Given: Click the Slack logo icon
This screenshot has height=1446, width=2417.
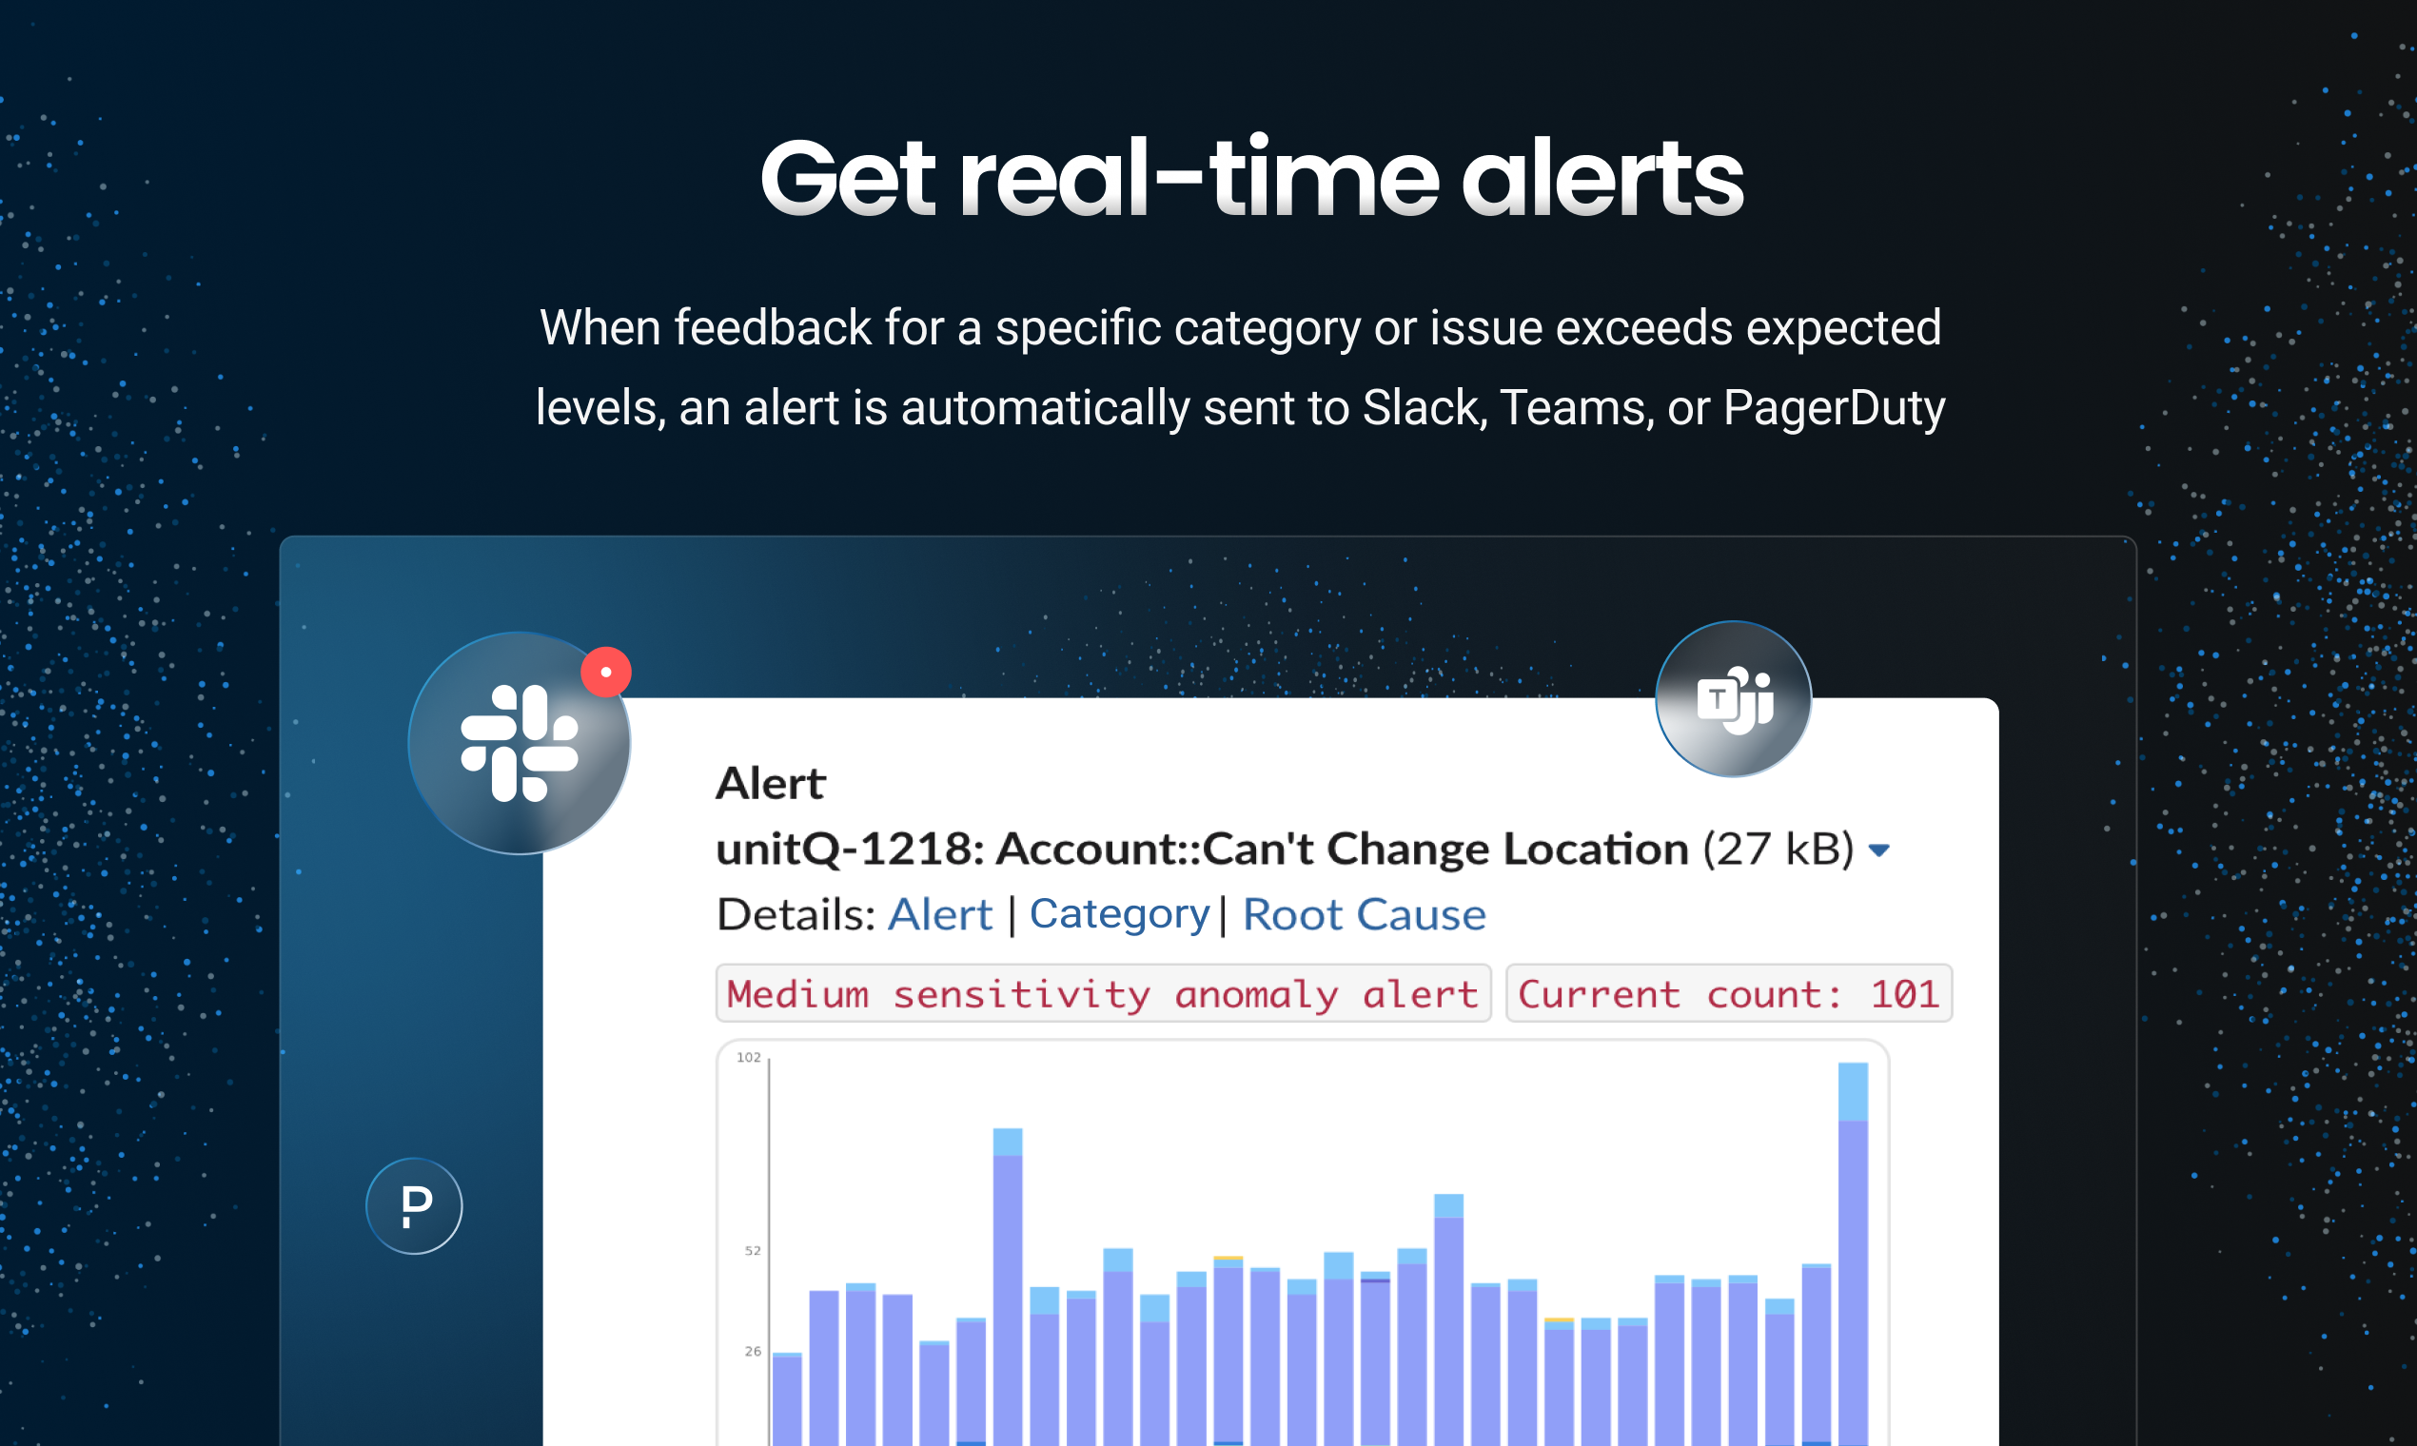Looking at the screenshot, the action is (520, 744).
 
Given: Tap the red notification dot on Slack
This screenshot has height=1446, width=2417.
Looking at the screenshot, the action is (606, 673).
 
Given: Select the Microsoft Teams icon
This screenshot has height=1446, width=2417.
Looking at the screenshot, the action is (1734, 698).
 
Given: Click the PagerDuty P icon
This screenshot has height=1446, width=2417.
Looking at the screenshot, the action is (414, 1206).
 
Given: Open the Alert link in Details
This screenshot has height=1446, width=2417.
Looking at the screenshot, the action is (939, 915).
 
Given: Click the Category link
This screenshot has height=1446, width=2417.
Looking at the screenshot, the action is (1119, 915).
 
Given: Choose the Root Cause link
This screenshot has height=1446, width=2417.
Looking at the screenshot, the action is (1365, 915).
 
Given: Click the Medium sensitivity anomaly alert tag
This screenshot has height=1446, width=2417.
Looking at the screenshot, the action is (1103, 994).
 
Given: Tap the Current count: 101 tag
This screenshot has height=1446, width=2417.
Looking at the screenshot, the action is (1729, 994).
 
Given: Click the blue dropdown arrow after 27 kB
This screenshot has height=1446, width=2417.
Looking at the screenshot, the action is (1879, 850).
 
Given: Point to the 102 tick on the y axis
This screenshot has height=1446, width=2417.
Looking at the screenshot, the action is (749, 1057).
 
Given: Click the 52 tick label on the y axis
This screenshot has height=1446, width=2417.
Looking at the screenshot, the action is (753, 1250).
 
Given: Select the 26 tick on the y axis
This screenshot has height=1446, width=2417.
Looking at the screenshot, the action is (753, 1352).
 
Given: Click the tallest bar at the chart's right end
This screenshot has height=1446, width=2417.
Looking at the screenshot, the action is (1853, 1255).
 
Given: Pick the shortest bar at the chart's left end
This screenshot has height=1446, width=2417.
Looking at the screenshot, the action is (787, 1399).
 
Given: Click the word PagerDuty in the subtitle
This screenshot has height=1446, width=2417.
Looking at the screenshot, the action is (1835, 408).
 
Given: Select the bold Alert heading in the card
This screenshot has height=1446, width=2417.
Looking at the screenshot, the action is (770, 784).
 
